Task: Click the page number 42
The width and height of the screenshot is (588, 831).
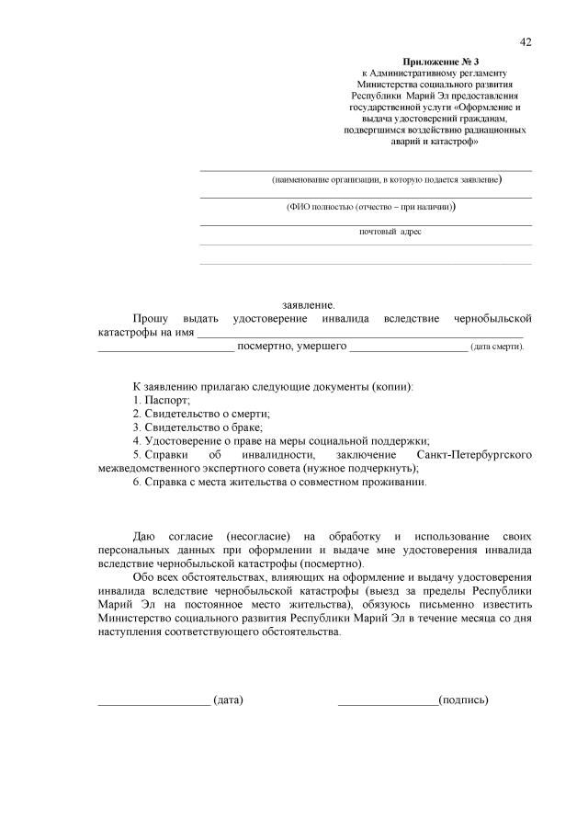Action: [x=526, y=41]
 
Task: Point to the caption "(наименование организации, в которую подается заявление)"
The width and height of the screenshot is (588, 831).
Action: [x=387, y=179]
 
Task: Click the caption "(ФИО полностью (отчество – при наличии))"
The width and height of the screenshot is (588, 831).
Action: [x=370, y=207]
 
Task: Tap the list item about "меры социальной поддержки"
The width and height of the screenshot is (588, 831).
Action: [x=281, y=441]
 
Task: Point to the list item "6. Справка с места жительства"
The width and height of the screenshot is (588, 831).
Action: [x=279, y=482]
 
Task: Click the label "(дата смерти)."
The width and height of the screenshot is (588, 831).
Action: [x=497, y=347]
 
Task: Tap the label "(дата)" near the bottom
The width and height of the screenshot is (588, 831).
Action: [x=228, y=700]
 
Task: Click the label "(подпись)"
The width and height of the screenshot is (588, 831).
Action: [x=464, y=700]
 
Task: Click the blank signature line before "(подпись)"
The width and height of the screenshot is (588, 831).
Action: [x=388, y=702]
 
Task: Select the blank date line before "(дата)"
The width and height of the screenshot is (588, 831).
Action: [x=153, y=702]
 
